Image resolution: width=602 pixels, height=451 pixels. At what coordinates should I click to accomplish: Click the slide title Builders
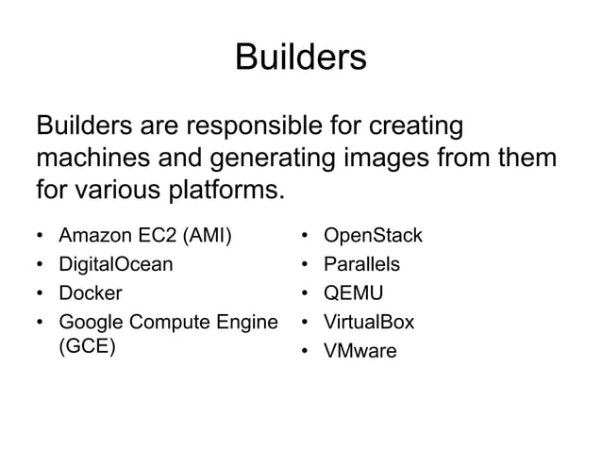(x=300, y=58)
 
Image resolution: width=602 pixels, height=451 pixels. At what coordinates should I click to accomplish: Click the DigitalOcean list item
(x=116, y=263)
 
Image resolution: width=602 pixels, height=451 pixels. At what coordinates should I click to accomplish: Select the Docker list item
(x=91, y=292)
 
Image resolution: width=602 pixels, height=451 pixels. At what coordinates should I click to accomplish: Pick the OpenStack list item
(x=373, y=234)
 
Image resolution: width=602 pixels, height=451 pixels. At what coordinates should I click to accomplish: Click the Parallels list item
(x=362, y=263)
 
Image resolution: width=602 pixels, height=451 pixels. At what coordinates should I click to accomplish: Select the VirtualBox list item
(x=369, y=322)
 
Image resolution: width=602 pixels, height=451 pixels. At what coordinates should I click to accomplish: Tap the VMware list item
(x=360, y=351)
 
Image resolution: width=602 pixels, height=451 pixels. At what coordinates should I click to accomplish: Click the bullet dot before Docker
(x=40, y=293)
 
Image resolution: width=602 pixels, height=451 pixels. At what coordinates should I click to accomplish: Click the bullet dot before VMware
(x=306, y=352)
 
